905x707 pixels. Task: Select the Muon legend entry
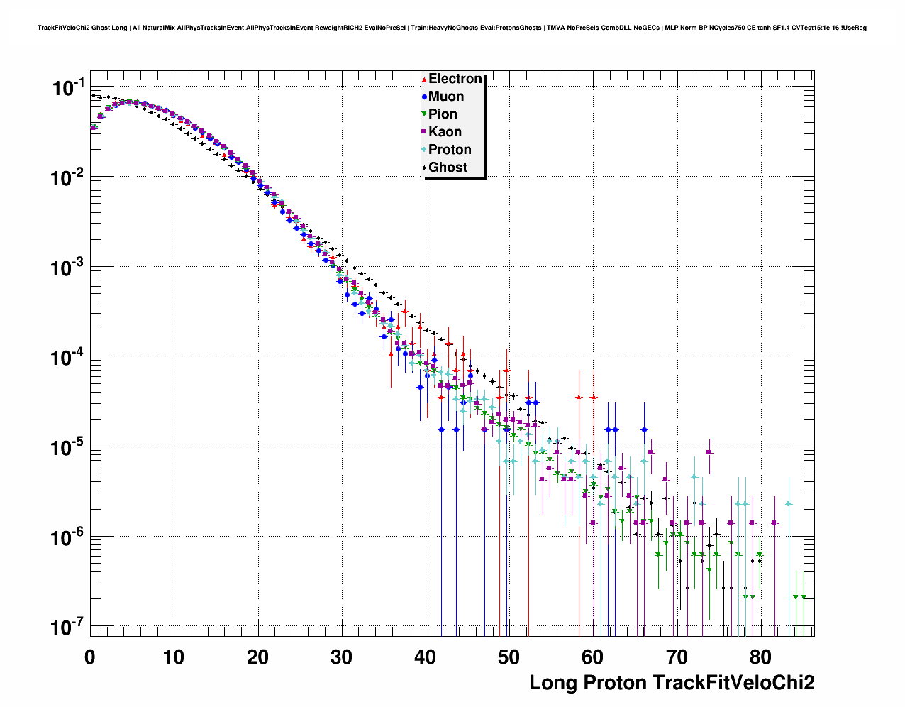tap(446, 97)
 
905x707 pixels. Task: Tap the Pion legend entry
tap(443, 114)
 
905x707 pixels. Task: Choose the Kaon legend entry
tap(445, 132)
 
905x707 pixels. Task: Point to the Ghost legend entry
tap(448, 168)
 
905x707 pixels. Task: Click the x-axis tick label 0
tap(90, 657)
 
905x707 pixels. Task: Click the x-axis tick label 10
tap(174, 657)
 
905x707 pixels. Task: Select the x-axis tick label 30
tap(341, 657)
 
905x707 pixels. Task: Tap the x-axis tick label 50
tap(509, 657)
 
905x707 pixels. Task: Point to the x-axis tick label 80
tap(761, 657)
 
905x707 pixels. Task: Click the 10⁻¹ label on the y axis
tap(68, 88)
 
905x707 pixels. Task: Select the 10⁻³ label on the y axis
tap(68, 268)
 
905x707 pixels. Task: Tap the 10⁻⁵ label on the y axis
tap(68, 447)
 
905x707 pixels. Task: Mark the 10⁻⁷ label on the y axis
tap(68, 627)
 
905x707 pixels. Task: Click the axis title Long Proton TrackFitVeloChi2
tap(672, 683)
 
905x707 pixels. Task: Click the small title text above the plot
tap(452, 28)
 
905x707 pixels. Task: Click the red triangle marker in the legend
tap(424, 79)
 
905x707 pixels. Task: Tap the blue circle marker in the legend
tap(424, 97)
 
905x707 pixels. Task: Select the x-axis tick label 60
tap(593, 657)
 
